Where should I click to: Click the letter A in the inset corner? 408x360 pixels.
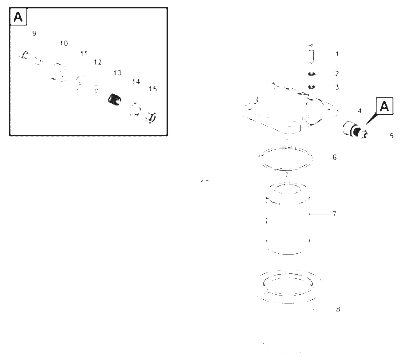[18, 17]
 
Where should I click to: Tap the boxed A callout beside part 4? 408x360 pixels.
[384, 106]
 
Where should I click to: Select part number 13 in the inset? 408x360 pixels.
[117, 72]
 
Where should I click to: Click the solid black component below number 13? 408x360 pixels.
[115, 100]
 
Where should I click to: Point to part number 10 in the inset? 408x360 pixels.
[64, 43]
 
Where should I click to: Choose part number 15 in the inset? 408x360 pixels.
[153, 89]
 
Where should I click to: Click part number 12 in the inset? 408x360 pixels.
[98, 62]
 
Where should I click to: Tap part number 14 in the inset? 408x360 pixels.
[136, 82]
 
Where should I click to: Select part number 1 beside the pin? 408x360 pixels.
[337, 54]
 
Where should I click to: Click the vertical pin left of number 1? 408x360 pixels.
[312, 54]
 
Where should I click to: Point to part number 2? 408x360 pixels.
[337, 74]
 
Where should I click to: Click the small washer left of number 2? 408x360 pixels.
[312, 74]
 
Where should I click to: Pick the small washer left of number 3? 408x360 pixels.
[311, 87]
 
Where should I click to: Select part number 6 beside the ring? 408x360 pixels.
[334, 157]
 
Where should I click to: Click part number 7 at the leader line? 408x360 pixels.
[334, 214]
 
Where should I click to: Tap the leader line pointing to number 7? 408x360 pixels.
[319, 214]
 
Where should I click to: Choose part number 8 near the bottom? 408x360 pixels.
[338, 309]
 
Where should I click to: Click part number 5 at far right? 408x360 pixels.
[392, 136]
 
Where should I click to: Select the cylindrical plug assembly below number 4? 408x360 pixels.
[355, 129]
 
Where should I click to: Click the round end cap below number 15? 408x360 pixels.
[151, 117]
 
